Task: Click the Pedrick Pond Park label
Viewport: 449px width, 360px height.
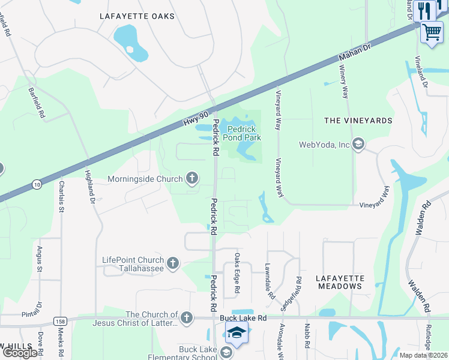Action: point(244,133)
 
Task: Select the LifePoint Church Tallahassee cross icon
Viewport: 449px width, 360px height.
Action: point(173,263)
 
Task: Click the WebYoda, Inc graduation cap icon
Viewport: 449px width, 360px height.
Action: point(358,144)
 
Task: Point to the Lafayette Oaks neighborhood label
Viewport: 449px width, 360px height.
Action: point(137,16)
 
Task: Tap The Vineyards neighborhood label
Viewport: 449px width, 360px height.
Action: point(358,121)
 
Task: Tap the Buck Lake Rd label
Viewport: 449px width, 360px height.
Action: point(243,317)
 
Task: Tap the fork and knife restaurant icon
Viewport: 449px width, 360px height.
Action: point(424,10)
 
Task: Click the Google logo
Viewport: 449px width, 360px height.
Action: point(20,352)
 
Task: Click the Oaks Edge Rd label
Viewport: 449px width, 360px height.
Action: point(237,281)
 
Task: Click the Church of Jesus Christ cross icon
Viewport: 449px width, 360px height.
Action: point(187,317)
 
